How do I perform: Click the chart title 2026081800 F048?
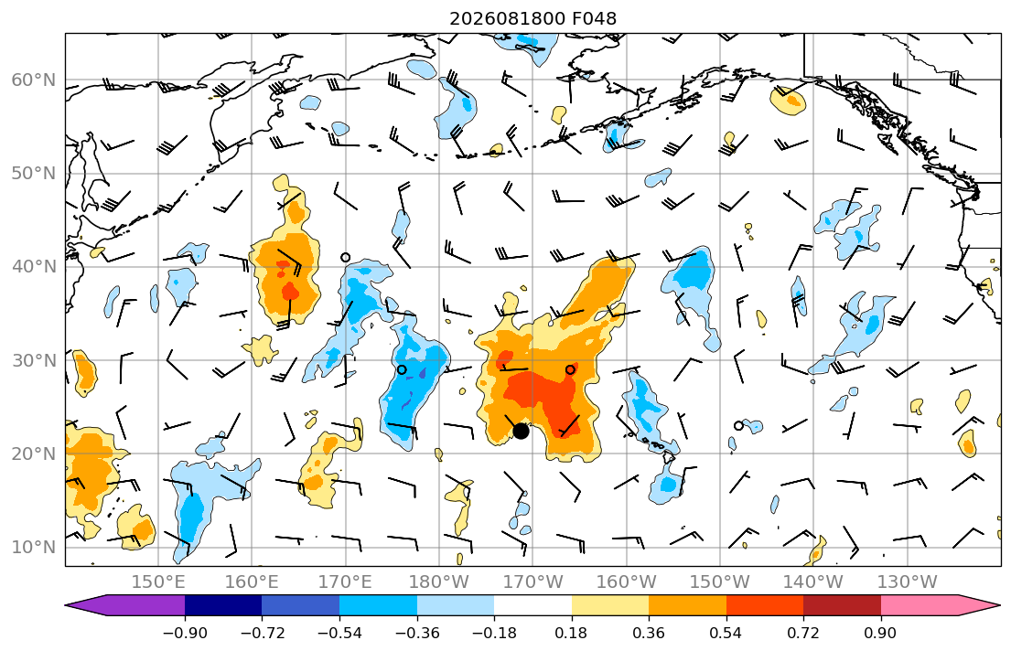tap(532, 18)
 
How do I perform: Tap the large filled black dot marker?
tap(521, 432)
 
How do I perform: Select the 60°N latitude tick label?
tap(34, 80)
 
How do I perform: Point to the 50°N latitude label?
tap(34, 174)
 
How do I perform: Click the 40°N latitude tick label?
tap(34, 266)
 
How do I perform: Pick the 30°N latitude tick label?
tap(34, 360)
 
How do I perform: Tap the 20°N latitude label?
tap(34, 454)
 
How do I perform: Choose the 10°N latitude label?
tap(34, 548)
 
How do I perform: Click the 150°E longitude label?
tap(158, 582)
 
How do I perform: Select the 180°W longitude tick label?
tap(439, 582)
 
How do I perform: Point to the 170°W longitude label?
tap(532, 582)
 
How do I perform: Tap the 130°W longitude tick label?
tap(908, 582)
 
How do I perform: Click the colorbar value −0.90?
tap(185, 633)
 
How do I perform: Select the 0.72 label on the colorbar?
tap(802, 633)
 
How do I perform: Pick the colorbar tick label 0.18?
tap(571, 633)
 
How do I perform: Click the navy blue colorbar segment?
tap(223, 605)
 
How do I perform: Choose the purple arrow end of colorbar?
tap(129, 605)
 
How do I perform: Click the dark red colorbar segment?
tap(842, 605)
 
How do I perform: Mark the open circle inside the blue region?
tap(402, 369)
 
